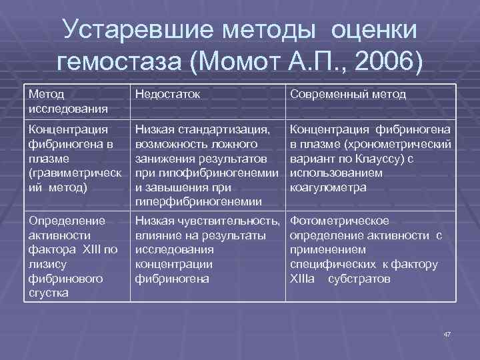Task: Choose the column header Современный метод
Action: [348, 95]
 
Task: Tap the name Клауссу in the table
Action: [378, 159]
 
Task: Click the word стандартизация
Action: [225, 129]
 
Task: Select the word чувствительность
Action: [238, 221]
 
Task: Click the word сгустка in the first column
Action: [49, 293]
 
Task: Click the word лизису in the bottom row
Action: [46, 265]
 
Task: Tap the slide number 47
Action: [447, 333]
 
